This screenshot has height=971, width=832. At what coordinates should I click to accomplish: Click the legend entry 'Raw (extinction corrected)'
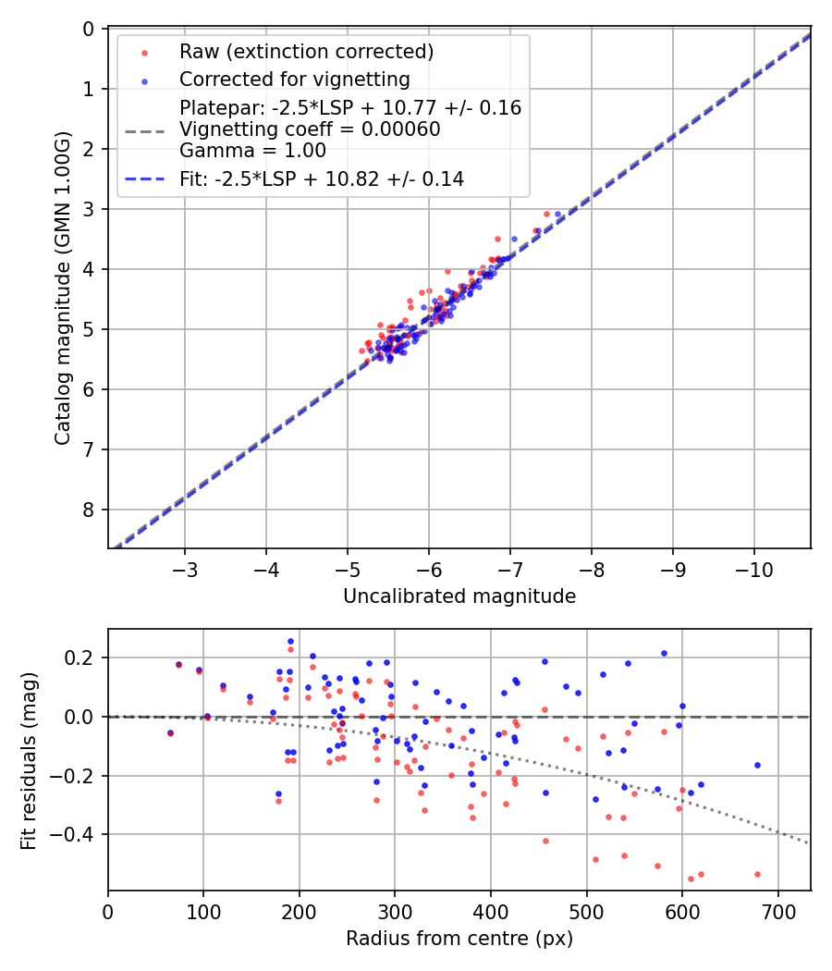(306, 50)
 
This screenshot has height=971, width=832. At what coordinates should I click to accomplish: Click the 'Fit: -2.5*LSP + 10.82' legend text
(322, 179)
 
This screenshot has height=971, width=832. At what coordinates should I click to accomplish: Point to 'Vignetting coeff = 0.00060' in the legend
(309, 129)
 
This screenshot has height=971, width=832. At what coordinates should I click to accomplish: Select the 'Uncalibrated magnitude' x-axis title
(459, 596)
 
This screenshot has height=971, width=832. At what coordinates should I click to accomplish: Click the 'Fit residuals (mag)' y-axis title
(29, 760)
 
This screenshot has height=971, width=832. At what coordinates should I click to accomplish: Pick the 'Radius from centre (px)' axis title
(459, 939)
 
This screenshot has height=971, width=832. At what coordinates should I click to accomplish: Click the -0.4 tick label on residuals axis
(76, 834)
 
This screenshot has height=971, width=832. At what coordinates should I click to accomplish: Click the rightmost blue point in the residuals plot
(757, 765)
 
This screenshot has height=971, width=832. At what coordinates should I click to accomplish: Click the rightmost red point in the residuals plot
(757, 874)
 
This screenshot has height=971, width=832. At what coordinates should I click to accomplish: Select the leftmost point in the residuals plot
(170, 732)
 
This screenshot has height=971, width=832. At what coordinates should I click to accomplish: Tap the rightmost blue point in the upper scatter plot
(557, 214)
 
